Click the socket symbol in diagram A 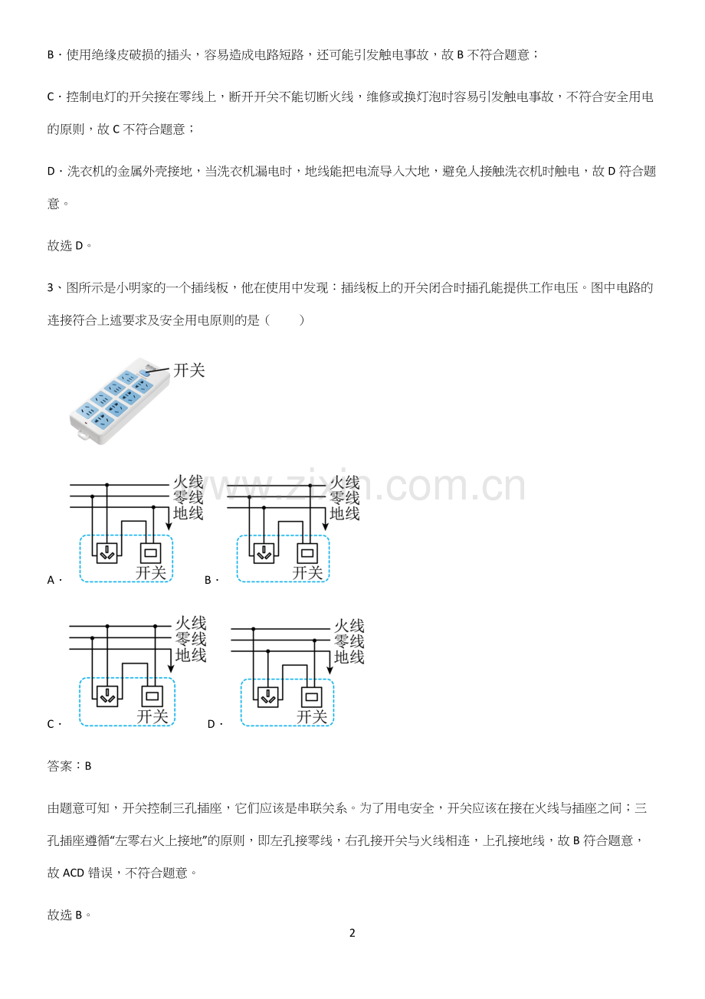point(107,553)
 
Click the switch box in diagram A point(150,553)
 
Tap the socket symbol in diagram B point(264,553)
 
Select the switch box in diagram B point(307,553)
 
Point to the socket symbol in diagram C point(108,696)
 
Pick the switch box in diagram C point(152,696)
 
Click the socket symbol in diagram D point(268,697)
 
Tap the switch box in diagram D point(311,697)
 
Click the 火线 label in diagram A point(189,482)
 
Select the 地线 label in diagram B point(345,514)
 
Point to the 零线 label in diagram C point(191,639)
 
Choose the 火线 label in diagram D point(349,626)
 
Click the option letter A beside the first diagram point(51,580)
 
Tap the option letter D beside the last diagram point(211,724)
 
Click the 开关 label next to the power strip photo point(189,370)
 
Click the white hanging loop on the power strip point(84,434)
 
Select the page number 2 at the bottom point(352,932)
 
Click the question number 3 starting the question point(51,287)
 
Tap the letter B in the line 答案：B point(88,766)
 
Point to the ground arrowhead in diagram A point(169,526)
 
